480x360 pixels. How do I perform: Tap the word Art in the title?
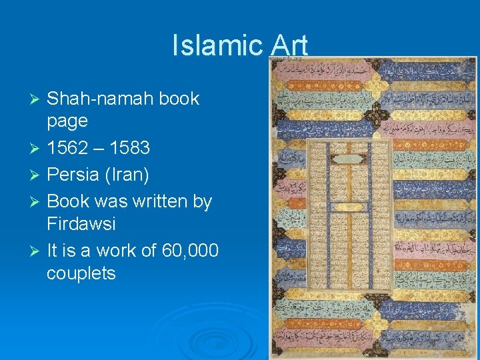point(289,45)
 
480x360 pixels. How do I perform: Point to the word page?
point(67,121)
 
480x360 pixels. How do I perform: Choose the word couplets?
point(81,273)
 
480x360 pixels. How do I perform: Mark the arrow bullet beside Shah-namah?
point(37,99)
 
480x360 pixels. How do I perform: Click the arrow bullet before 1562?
point(37,148)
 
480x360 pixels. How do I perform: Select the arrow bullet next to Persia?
point(37,175)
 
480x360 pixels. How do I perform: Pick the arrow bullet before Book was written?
point(37,201)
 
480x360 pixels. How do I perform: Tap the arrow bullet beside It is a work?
point(37,251)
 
